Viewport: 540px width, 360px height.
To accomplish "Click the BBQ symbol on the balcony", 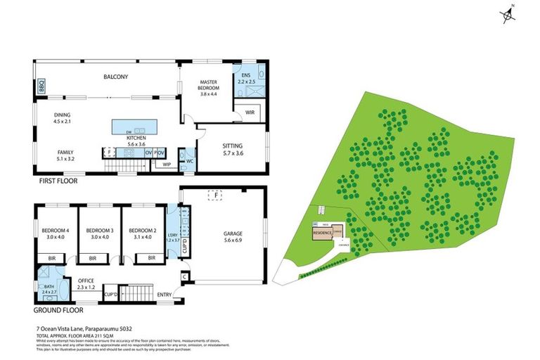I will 41,86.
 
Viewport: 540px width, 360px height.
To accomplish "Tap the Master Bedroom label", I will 210,86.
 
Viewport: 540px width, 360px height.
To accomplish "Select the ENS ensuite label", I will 245,75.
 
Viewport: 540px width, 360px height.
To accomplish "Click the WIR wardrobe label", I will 249,112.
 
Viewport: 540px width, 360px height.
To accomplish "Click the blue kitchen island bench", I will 139,127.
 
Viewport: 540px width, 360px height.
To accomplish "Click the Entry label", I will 165,295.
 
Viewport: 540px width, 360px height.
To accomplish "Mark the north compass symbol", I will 507,15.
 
